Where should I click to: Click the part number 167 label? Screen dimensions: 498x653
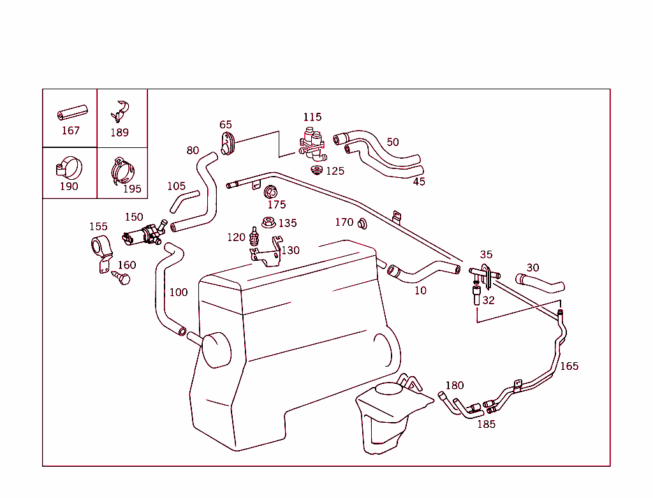70,131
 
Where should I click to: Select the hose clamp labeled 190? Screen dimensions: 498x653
69,168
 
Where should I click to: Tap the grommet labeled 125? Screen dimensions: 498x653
316,170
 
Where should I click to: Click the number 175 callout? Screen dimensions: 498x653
277,205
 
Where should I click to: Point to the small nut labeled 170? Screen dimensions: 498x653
362,223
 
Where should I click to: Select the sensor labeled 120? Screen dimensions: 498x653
254,238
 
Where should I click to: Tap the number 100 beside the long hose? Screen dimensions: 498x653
179,292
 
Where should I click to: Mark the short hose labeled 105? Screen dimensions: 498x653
184,201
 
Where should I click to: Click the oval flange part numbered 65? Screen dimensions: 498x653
228,143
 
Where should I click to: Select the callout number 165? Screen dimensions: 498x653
569,366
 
